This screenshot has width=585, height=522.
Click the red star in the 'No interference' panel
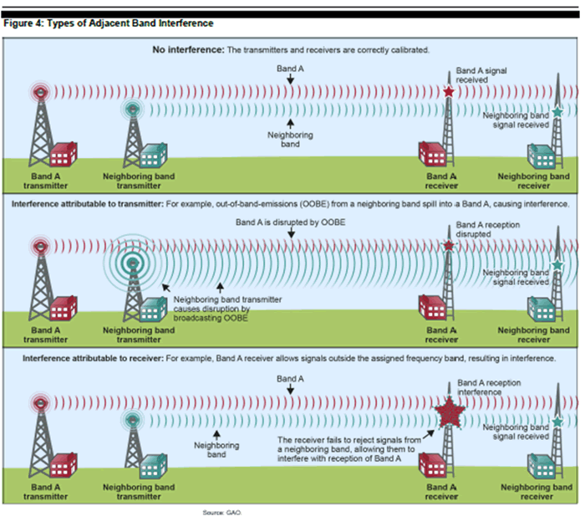(449, 91)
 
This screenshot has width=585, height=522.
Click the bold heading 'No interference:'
(188, 50)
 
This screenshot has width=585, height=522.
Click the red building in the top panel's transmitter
(64, 155)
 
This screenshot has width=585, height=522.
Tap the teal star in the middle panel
(557, 266)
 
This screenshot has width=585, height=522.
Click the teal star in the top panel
(557, 111)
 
